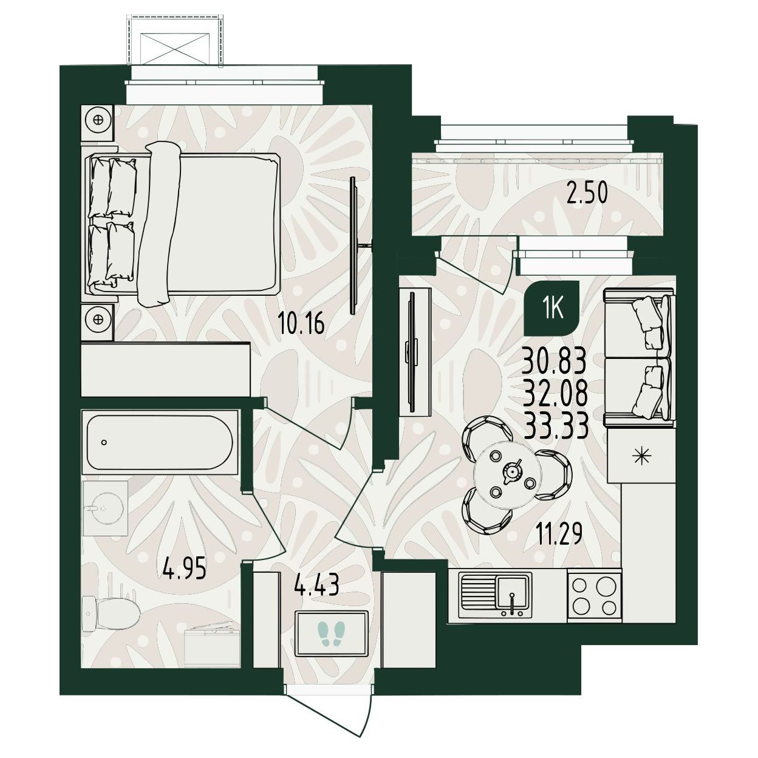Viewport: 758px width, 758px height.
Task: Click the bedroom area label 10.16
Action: click(301, 324)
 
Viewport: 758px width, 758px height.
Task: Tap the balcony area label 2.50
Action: click(587, 194)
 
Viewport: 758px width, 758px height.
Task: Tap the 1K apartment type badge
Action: click(553, 309)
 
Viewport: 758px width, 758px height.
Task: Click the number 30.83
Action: click(555, 362)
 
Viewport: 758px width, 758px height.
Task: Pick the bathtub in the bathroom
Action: click(160, 442)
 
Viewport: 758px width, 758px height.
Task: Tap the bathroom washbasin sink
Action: click(106, 508)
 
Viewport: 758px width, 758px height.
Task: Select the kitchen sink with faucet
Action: click(495, 595)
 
